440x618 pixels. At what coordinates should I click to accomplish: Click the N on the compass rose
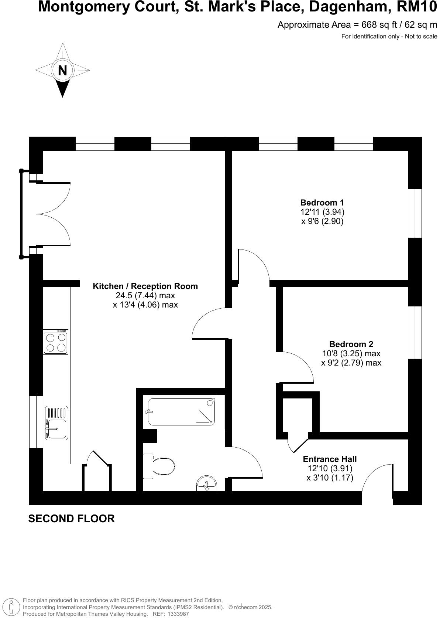[x=62, y=70]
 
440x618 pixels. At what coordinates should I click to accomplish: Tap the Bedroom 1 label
[x=322, y=203]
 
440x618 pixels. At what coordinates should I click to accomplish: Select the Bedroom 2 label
[x=351, y=344]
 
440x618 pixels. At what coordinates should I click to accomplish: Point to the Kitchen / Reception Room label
[x=145, y=286]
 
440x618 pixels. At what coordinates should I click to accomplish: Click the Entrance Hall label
[x=330, y=459]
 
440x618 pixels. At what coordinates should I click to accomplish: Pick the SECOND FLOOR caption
[x=71, y=519]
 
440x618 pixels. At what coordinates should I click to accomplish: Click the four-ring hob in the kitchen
[x=56, y=342]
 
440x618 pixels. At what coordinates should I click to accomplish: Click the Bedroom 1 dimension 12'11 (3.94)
[x=322, y=212]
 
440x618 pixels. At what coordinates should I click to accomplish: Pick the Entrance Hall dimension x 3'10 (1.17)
[x=330, y=478]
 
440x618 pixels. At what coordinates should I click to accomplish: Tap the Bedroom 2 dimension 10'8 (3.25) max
[x=351, y=353]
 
